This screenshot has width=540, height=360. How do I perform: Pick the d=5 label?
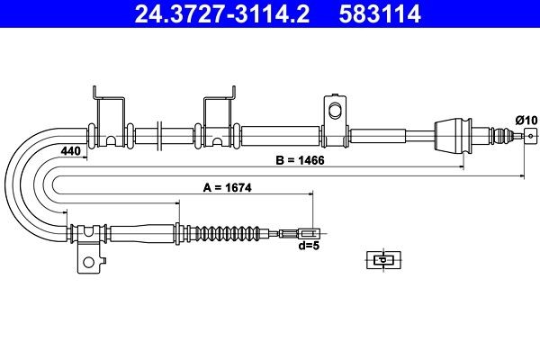(x=309, y=245)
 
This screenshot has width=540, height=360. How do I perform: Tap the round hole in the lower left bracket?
(x=88, y=264)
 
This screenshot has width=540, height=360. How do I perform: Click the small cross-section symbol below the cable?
(x=382, y=260)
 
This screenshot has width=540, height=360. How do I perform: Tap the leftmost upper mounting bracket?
(x=108, y=117)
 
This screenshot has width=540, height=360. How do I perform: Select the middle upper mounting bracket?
(x=219, y=117)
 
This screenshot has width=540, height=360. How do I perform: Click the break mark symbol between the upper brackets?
(x=159, y=136)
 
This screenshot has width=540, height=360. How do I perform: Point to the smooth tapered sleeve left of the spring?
(x=144, y=232)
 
